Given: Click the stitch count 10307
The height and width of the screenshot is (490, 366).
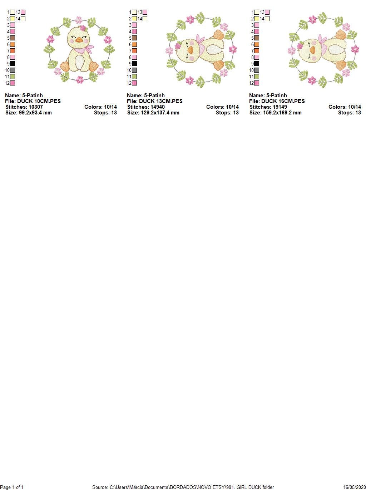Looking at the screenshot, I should tap(35, 107).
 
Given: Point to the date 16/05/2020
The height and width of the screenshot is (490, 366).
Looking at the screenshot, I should tap(354, 487).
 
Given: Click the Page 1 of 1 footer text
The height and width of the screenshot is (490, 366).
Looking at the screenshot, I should tap(12, 487).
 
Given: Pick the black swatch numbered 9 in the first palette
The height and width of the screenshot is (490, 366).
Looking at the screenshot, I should tap(13, 64).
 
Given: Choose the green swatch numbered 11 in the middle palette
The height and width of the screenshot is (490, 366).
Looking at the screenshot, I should tap(134, 77).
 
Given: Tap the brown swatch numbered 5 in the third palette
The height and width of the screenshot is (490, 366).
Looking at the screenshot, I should tap(257, 38).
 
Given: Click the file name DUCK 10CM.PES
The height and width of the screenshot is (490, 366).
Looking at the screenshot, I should tap(39, 101).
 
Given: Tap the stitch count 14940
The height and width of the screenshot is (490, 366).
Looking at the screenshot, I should tap(157, 107).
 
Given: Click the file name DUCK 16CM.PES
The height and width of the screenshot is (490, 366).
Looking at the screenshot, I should tap(283, 101).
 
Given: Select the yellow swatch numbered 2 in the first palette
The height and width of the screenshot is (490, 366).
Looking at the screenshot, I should tap(13, 19).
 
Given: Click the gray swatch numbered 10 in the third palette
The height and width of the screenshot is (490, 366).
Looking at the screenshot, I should tap(257, 70).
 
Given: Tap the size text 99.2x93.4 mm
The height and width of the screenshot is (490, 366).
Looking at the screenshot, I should tap(35, 113).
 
